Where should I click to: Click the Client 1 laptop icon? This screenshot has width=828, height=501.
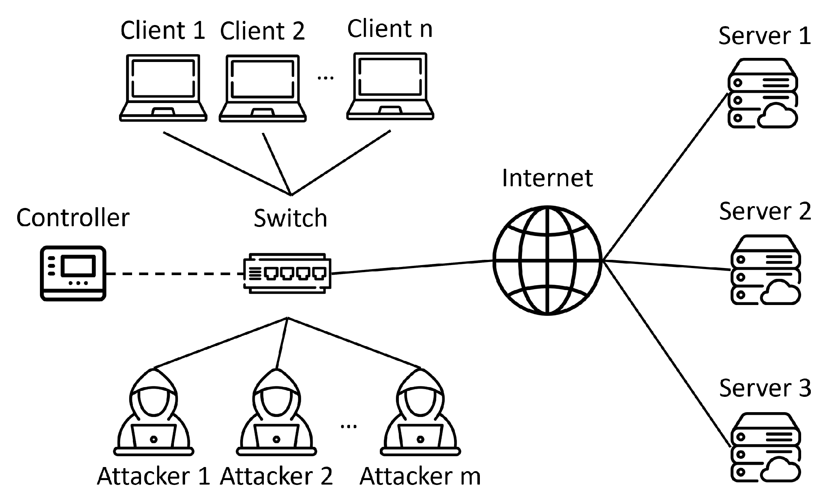[163, 88]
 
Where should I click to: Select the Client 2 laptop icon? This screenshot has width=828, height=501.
[262, 89]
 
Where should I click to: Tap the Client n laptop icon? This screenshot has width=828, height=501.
[390, 87]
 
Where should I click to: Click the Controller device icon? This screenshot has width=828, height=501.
[73, 273]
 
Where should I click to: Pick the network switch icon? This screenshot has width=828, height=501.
[287, 273]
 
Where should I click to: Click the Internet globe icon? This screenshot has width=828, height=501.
[547, 261]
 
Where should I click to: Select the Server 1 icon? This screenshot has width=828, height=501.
[762, 93]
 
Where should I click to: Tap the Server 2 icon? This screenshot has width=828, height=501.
[765, 270]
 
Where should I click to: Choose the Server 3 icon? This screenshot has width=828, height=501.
[765, 447]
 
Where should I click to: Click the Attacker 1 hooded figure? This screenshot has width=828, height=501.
[153, 413]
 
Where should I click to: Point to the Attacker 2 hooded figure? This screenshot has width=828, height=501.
[276, 413]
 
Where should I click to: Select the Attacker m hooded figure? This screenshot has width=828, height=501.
[420, 413]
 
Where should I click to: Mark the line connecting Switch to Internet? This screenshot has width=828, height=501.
[410, 267]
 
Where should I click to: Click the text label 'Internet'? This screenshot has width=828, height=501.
[547, 178]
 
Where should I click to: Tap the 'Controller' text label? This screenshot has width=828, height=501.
[73, 218]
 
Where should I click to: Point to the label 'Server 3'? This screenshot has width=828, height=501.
[765, 388]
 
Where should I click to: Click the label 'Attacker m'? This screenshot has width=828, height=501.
[420, 476]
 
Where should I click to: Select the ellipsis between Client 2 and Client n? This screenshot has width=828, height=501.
[325, 78]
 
